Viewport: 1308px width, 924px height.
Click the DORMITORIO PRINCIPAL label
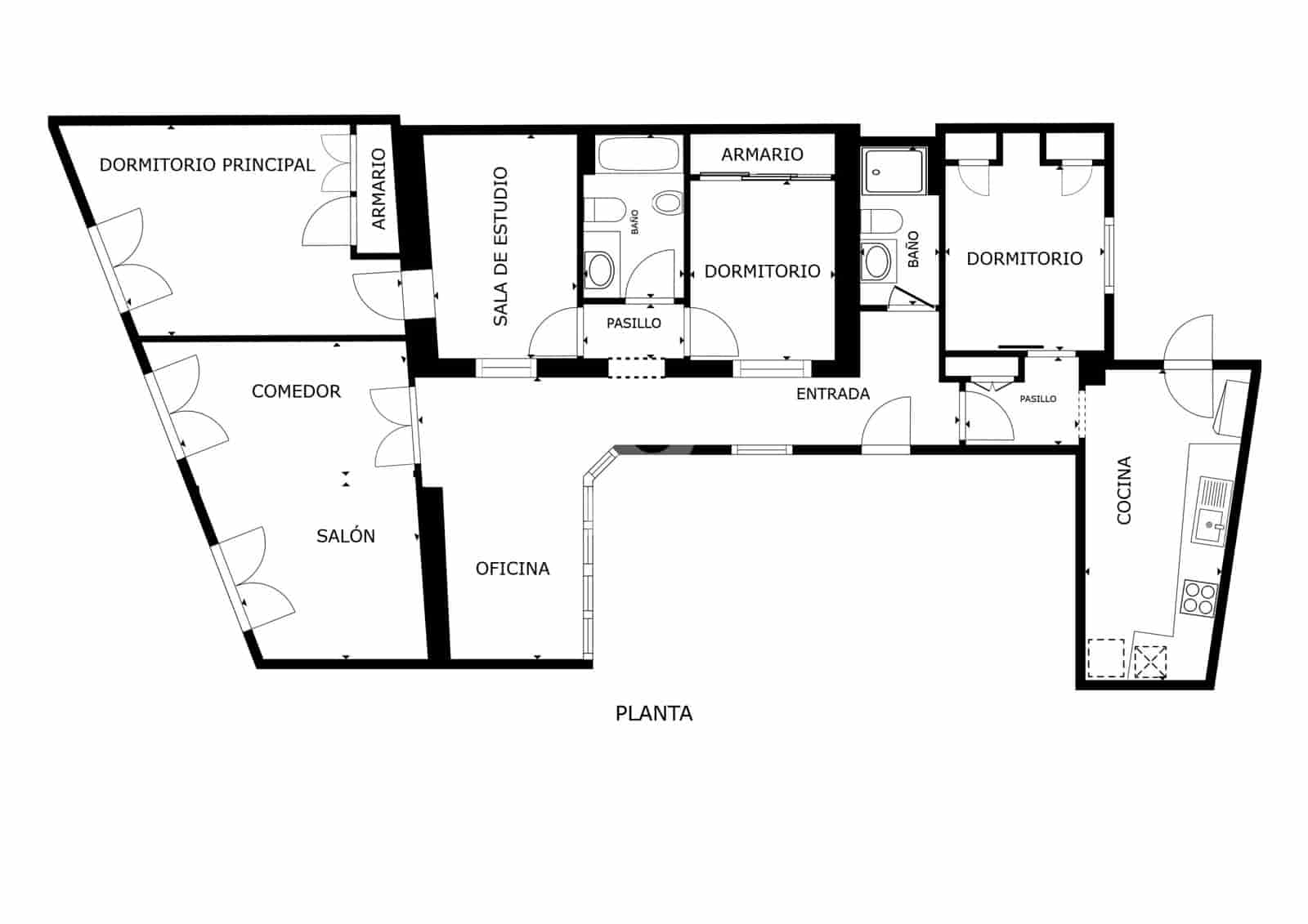(x=207, y=165)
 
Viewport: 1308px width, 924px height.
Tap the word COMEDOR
(x=296, y=391)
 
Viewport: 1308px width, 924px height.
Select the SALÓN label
(x=346, y=536)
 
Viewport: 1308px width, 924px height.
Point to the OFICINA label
(x=513, y=569)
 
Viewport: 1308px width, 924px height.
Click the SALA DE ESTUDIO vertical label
(x=500, y=247)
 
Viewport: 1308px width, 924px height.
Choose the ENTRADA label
(x=832, y=394)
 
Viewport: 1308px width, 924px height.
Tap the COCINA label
(x=1124, y=490)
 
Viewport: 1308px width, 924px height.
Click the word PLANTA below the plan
(x=653, y=714)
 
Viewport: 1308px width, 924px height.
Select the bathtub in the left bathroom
(x=638, y=154)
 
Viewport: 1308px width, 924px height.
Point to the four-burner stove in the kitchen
(x=1199, y=597)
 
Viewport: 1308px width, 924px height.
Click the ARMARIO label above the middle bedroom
(x=762, y=154)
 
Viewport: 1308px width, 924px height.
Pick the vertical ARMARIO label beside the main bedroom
(x=379, y=189)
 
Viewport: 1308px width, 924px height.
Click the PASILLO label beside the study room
(x=634, y=324)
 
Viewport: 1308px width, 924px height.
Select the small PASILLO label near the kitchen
(x=1037, y=399)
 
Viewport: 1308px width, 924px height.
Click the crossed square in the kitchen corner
(x=1150, y=662)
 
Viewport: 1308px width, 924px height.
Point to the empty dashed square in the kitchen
(x=1106, y=658)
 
